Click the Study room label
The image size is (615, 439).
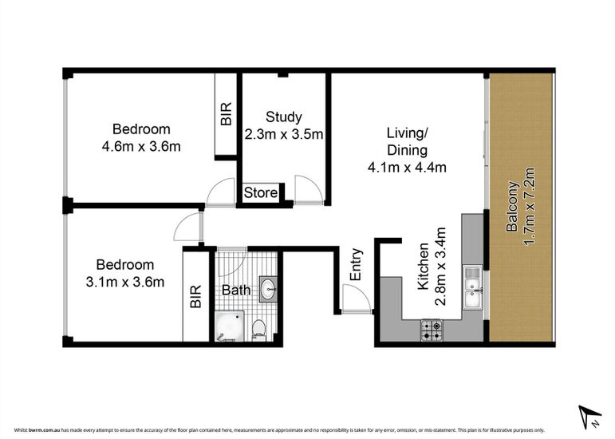284,117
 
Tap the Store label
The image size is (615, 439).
260,192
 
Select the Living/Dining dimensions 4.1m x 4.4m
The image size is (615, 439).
407,168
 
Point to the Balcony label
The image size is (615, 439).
512,207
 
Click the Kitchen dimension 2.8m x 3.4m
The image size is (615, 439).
441,267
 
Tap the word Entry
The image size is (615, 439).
356,264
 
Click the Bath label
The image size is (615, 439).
236,290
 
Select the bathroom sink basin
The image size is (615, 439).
268,289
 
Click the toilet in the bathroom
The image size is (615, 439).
259,330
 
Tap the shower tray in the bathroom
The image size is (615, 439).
230,326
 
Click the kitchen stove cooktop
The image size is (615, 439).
432,330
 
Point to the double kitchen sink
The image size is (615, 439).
473,287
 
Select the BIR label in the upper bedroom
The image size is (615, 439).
227,114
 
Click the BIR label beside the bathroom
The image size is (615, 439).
195,297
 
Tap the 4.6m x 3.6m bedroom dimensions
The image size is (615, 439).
141,147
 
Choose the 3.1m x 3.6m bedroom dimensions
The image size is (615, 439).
124,282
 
